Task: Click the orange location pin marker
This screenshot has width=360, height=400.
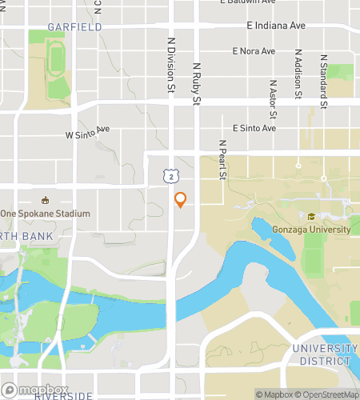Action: pyautogui.click(x=180, y=200)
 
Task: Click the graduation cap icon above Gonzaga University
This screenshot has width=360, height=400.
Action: pyautogui.click(x=310, y=216)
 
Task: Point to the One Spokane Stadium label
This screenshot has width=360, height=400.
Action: pyautogui.click(x=45, y=214)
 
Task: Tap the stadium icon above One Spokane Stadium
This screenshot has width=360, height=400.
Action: pyautogui.click(x=45, y=200)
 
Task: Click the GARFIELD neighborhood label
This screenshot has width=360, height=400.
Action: pyautogui.click(x=74, y=27)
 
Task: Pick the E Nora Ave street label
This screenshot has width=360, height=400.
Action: pyautogui.click(x=254, y=51)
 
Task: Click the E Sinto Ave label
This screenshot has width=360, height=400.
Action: pyautogui.click(x=254, y=127)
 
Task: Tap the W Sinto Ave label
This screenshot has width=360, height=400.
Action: pyautogui.click(x=87, y=132)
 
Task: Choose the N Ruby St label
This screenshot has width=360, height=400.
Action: pyautogui.click(x=195, y=84)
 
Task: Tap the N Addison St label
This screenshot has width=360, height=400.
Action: pyautogui.click(x=298, y=76)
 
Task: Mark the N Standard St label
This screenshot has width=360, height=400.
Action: pyautogui.click(x=324, y=82)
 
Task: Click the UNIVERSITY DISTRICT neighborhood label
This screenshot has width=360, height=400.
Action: pyautogui.click(x=325, y=354)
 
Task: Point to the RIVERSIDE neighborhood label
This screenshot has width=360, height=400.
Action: pyautogui.click(x=64, y=395)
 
